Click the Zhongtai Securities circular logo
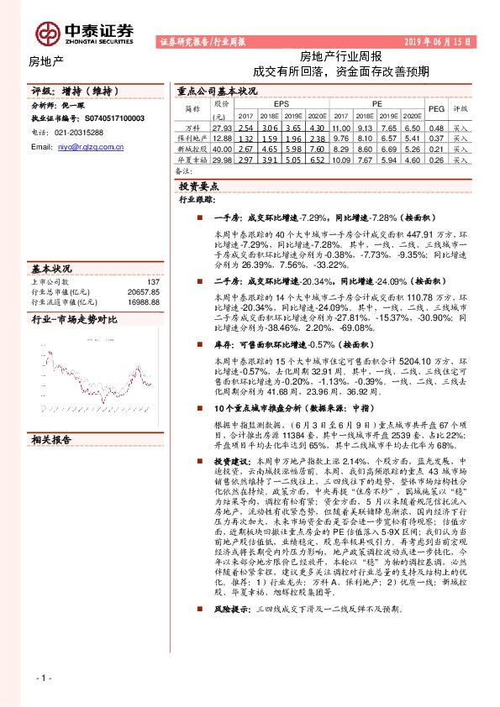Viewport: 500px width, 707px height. (x=48, y=32)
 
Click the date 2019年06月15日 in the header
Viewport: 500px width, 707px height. (x=443, y=40)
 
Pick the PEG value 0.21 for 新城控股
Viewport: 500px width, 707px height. (x=436, y=149)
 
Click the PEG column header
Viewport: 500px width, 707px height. (x=436, y=109)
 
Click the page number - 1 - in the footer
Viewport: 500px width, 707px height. (x=45, y=678)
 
